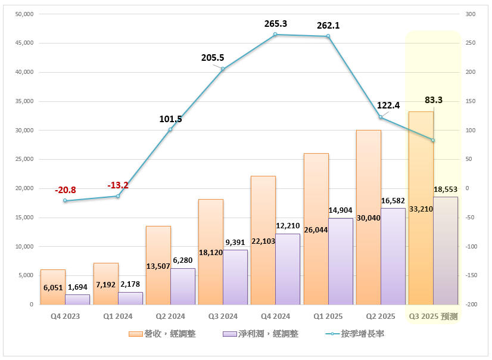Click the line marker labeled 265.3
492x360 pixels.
[275, 35]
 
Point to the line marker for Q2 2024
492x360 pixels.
[170, 129]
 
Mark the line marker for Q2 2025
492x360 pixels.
[381, 117]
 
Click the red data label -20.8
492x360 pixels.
[65, 190]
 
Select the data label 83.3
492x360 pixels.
[433, 100]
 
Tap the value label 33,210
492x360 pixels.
[421, 209]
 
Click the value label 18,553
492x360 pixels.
[446, 189]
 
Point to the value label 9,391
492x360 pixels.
[236, 242]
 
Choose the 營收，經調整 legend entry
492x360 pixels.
[162, 334]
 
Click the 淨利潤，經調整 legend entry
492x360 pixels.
[260, 334]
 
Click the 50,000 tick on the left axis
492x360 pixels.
[23, 14]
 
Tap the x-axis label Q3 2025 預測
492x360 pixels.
[433, 316]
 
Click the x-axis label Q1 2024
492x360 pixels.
[118, 316]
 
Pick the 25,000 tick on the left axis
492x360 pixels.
[23, 159]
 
